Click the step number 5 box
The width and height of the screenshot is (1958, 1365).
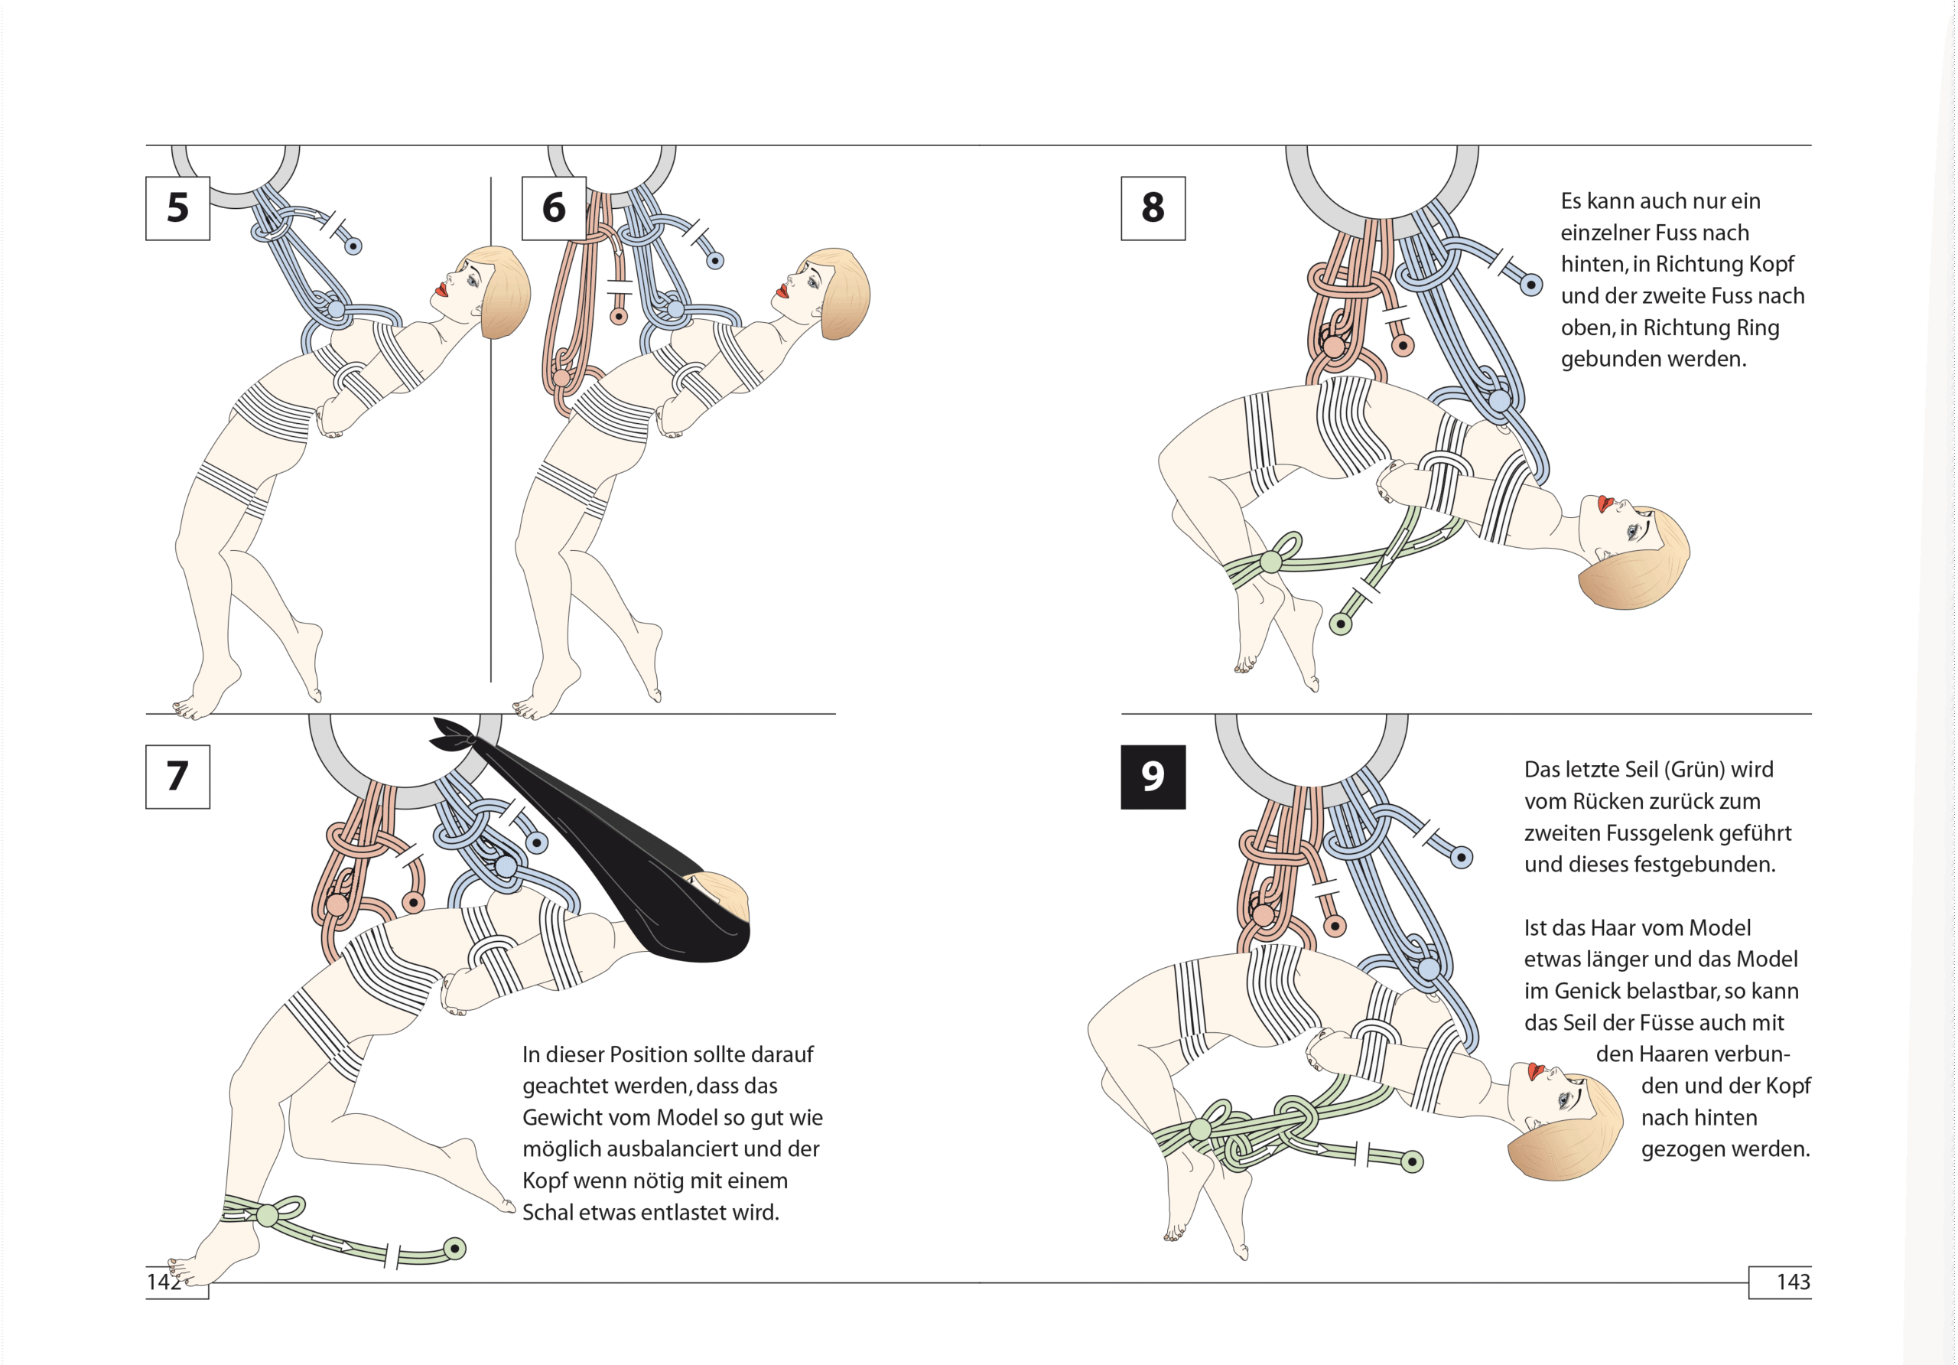(177, 208)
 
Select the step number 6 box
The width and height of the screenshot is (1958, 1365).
(554, 208)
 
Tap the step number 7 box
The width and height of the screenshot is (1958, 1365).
(177, 777)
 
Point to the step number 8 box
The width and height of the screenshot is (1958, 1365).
(1153, 208)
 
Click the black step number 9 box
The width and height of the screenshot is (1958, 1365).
(1153, 777)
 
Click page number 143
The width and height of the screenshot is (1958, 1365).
(1793, 1282)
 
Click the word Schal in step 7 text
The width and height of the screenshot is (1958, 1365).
(548, 1212)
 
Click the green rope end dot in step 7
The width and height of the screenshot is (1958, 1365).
(455, 1249)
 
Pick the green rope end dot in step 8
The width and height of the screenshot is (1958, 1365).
(1341, 624)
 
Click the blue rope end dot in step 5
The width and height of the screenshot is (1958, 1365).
(353, 246)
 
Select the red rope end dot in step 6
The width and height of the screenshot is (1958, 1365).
(619, 317)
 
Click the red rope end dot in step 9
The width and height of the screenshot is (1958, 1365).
(1335, 926)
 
